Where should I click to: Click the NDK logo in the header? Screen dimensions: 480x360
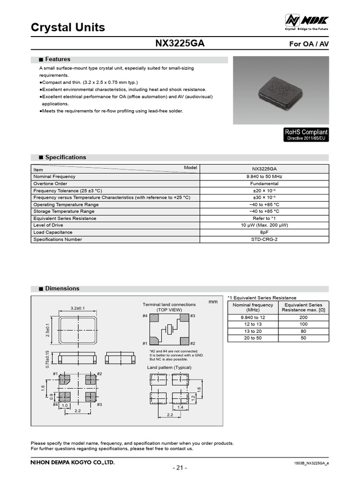[x=307, y=20]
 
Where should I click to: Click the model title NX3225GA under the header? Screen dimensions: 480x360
[x=180, y=44]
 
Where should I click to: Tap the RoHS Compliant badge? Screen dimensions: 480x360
[x=306, y=135]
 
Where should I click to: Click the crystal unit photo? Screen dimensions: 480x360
[x=281, y=90]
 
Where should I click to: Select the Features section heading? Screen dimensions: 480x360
[x=58, y=60]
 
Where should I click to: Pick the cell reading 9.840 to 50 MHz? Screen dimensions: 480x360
[x=264, y=177]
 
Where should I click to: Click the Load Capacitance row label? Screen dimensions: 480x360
[x=53, y=232]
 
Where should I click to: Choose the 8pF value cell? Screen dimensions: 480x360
[x=264, y=232]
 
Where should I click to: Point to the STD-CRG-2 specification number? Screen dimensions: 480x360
[x=264, y=240]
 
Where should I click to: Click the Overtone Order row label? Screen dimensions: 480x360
[x=51, y=184]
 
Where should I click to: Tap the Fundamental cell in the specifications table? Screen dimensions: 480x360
[x=264, y=184]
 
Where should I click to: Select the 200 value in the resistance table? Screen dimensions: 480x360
[x=303, y=317]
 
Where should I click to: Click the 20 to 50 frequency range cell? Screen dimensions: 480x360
[x=253, y=338]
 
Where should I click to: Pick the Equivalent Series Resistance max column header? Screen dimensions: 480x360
[x=303, y=307]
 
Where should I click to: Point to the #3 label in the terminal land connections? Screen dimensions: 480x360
[x=193, y=316]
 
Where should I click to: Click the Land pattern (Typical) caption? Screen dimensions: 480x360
[x=169, y=367]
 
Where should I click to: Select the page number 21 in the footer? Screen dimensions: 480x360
[x=180, y=468]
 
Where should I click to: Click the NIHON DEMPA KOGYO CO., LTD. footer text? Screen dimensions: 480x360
[x=73, y=463]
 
